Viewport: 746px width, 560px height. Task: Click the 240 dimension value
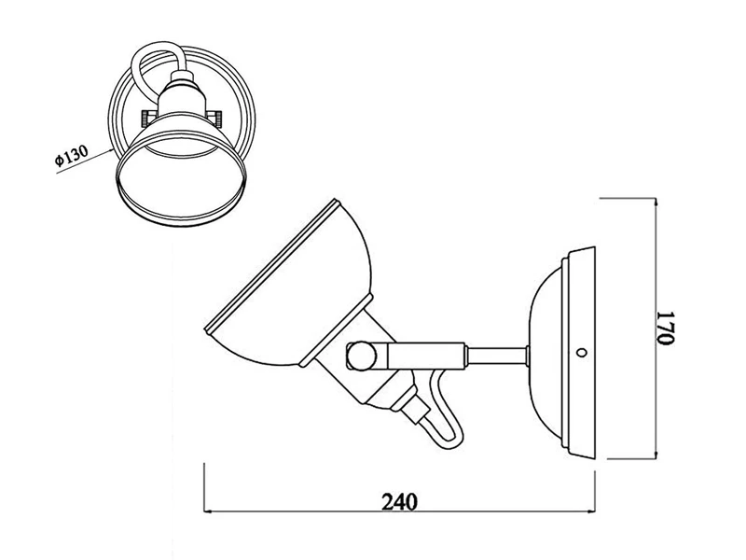pos(400,501)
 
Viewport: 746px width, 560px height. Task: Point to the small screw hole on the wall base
pos(581,353)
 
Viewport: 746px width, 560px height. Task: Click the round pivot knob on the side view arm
pos(361,355)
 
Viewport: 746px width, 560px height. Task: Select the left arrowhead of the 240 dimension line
pos(208,511)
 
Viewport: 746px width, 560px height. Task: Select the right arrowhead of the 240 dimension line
pos(591,511)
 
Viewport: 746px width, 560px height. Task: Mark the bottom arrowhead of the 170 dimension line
pos(656,455)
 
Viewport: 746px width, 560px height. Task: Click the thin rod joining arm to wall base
pos(497,357)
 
